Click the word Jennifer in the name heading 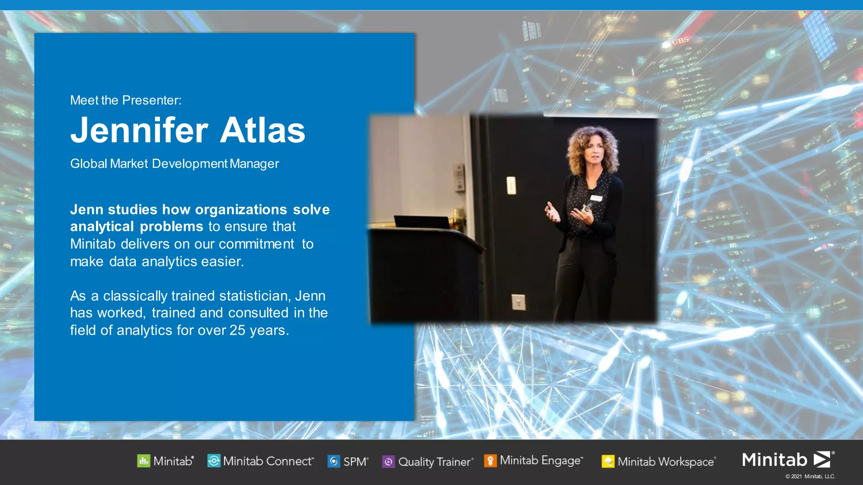139,131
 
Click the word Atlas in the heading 262,131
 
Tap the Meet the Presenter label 126,100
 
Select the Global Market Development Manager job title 174,164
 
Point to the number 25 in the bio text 237,330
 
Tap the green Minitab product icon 143,461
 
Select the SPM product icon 334,461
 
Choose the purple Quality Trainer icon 388,462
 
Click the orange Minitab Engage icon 490,461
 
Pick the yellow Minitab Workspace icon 608,462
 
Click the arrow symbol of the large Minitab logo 822,459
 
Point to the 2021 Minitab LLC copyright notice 810,477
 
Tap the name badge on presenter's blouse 596,198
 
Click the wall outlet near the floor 518,302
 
